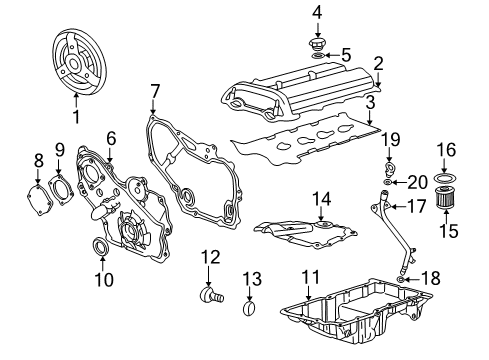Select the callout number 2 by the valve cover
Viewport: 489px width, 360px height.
coord(378,65)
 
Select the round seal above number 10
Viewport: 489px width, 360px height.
coord(102,246)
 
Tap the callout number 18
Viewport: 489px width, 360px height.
coord(431,282)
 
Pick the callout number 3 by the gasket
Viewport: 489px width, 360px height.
coord(370,102)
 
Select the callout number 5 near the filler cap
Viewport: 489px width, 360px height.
coord(346,55)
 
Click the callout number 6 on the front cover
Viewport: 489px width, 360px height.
coord(112,139)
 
